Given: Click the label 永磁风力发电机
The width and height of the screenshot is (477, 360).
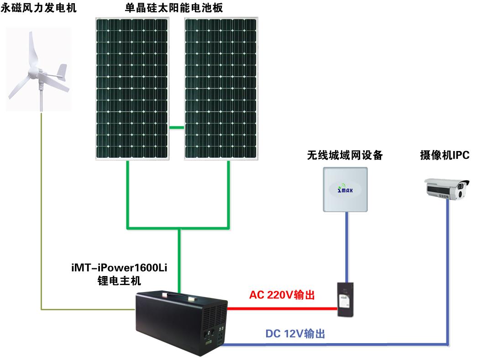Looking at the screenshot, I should (x=39, y=8).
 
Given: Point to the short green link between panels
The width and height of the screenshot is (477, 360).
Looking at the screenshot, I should (x=176, y=127).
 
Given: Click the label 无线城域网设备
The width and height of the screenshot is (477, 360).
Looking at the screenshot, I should (x=345, y=156).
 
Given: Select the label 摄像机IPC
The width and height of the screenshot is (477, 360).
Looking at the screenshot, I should (x=444, y=156).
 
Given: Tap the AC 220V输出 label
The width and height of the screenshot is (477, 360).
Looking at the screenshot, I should (x=282, y=295).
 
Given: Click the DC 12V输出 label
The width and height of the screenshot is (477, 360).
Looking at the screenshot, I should (x=295, y=334).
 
